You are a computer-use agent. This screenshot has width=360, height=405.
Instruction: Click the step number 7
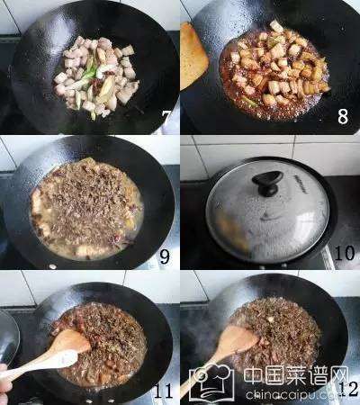click(x=166, y=118)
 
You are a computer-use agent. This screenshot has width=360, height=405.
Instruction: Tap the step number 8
click(x=343, y=116)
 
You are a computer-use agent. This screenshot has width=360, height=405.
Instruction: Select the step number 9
click(x=165, y=256)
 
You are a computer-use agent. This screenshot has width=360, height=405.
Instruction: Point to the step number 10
click(x=345, y=253)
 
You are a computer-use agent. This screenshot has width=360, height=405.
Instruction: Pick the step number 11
click(x=164, y=391)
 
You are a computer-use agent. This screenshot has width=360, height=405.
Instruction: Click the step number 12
click(x=350, y=389)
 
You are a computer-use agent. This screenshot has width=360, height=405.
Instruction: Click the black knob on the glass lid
click(x=267, y=182)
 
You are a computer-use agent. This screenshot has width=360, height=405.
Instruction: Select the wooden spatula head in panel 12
click(x=240, y=340)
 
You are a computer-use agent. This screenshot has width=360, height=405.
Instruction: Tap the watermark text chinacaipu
click(x=280, y=394)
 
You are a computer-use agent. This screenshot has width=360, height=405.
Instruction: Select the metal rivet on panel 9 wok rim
click(x=53, y=266)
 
